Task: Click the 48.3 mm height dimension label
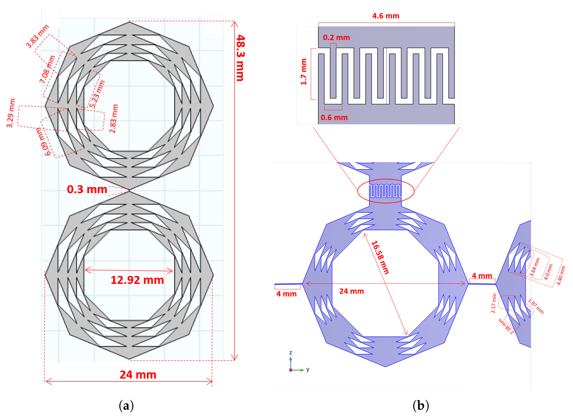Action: point(240,58)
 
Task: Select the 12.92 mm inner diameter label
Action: point(137,280)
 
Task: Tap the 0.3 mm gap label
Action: point(87,189)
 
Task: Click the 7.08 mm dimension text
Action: point(47,69)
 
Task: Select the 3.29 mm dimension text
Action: point(11,113)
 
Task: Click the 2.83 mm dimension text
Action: point(114,119)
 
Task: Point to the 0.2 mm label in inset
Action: point(336,38)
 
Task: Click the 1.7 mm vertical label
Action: point(303,72)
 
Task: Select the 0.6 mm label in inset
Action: point(334,118)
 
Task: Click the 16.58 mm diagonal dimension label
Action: point(380,257)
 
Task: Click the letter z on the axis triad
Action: point(290,353)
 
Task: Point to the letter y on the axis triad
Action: point(308,369)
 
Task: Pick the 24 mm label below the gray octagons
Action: point(138,375)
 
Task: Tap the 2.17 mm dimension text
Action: point(493,303)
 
